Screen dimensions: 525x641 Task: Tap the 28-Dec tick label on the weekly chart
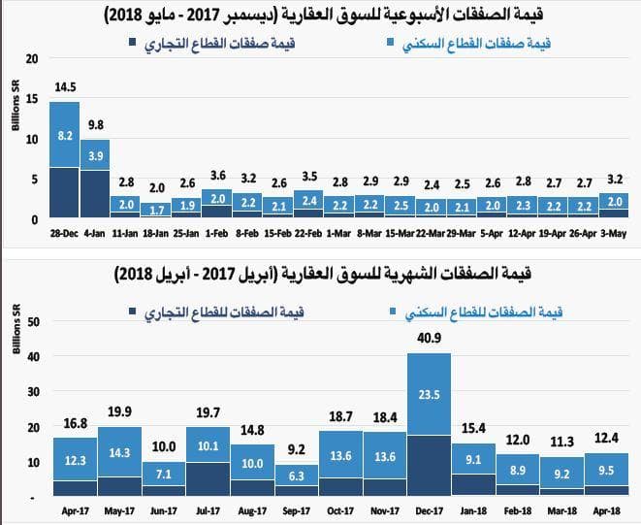63,233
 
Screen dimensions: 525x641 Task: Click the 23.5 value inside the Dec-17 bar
429,395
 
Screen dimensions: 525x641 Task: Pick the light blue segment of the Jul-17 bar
208,444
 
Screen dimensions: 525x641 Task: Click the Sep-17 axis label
297,509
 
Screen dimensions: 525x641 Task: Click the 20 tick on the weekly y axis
32,58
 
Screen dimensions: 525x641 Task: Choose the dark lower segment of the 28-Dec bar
63,193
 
